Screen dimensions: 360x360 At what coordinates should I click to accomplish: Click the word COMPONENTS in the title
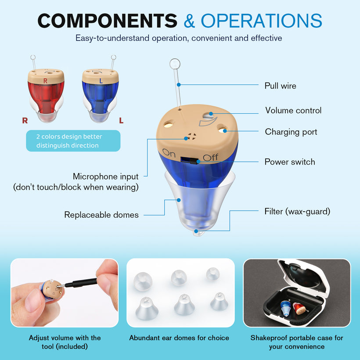(x=108, y=21)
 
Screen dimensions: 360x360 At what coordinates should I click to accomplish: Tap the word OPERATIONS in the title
(x=262, y=21)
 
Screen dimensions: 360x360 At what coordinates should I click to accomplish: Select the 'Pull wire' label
(x=280, y=86)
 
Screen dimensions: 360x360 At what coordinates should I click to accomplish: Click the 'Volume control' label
(x=293, y=111)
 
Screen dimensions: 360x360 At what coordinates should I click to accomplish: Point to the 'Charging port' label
(x=291, y=132)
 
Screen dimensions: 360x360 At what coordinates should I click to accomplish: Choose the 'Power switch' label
(x=290, y=162)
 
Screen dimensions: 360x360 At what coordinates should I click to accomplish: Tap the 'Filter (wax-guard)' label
(x=297, y=212)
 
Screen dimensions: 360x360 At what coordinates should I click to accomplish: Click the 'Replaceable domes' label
(x=101, y=215)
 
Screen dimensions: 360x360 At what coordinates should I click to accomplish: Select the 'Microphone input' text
(x=106, y=176)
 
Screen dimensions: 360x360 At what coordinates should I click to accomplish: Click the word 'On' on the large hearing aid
(x=169, y=153)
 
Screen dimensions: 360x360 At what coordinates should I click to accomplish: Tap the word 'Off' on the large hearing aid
(x=211, y=158)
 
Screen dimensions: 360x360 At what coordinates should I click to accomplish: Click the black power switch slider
(x=194, y=161)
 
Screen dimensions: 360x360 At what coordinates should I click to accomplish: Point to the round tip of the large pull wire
(x=175, y=64)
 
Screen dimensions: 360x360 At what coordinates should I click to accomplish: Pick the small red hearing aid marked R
(x=46, y=95)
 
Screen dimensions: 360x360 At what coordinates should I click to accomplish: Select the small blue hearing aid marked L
(x=101, y=95)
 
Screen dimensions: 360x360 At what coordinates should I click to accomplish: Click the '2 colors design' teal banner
(x=73, y=141)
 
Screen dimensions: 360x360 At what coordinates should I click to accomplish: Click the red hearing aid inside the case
(x=300, y=308)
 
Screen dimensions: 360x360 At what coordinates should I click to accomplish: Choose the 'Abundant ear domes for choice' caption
(x=179, y=338)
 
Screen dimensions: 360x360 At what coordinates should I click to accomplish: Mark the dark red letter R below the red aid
(x=25, y=121)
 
